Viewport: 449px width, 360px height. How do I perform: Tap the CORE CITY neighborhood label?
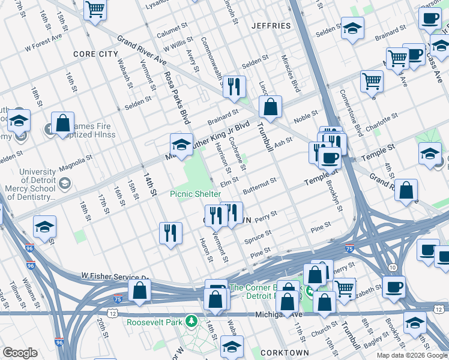pyautogui.click(x=95, y=54)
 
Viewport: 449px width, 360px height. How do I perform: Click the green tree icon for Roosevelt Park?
pyautogui.click(x=191, y=321)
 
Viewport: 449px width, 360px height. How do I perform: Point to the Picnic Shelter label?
pyautogui.click(x=195, y=194)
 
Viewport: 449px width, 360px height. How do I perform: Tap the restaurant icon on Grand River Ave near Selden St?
pyautogui.click(x=234, y=86)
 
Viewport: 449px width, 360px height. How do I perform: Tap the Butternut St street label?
pyautogui.click(x=260, y=182)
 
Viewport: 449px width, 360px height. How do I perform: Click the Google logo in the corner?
pyautogui.click(x=20, y=353)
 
